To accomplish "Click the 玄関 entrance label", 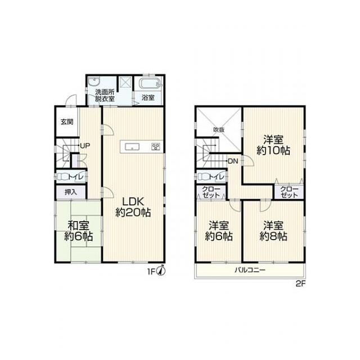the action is [67, 121].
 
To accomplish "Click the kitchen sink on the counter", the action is [132, 146].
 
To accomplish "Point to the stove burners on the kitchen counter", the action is [156, 146].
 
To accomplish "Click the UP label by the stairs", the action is [85, 146].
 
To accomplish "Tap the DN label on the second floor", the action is [233, 161].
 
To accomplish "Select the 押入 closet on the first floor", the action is [71, 192].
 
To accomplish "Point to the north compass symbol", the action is [161, 271].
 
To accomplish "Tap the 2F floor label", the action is [300, 284].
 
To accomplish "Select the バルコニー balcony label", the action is [250, 270].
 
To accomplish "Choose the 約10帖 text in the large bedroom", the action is [273, 151].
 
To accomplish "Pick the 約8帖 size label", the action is [273, 236].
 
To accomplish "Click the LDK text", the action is [133, 202].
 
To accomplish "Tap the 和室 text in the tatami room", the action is [78, 225].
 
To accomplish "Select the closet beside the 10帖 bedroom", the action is [289, 191].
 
